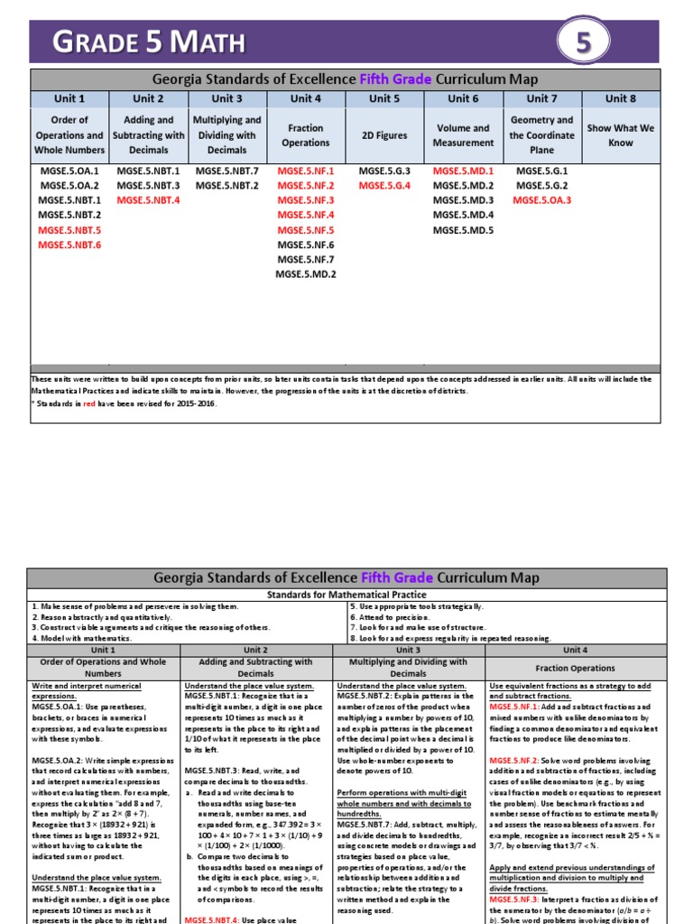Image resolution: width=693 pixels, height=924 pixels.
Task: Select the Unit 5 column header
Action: click(x=384, y=98)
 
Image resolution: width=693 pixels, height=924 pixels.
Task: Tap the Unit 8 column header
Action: click(x=620, y=98)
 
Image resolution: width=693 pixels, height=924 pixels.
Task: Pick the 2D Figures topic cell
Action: click(x=384, y=135)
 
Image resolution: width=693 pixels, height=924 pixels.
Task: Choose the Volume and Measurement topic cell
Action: click(x=463, y=135)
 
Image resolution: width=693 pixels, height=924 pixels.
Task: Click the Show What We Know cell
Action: click(x=620, y=135)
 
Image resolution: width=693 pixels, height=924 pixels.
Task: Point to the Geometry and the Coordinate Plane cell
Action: click(x=541, y=135)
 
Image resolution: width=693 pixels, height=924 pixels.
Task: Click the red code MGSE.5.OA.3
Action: click(x=541, y=200)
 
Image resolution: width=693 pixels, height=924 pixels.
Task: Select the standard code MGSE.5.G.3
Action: click(x=384, y=171)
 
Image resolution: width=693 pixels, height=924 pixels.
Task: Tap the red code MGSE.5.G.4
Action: click(x=384, y=186)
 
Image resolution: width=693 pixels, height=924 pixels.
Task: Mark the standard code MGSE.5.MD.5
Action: click(x=463, y=230)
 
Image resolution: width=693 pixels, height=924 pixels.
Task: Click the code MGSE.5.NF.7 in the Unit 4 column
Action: click(x=306, y=259)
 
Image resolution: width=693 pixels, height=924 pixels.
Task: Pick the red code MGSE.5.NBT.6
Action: click(x=69, y=245)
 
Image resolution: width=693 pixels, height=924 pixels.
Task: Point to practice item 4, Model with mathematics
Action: click(x=80, y=637)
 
